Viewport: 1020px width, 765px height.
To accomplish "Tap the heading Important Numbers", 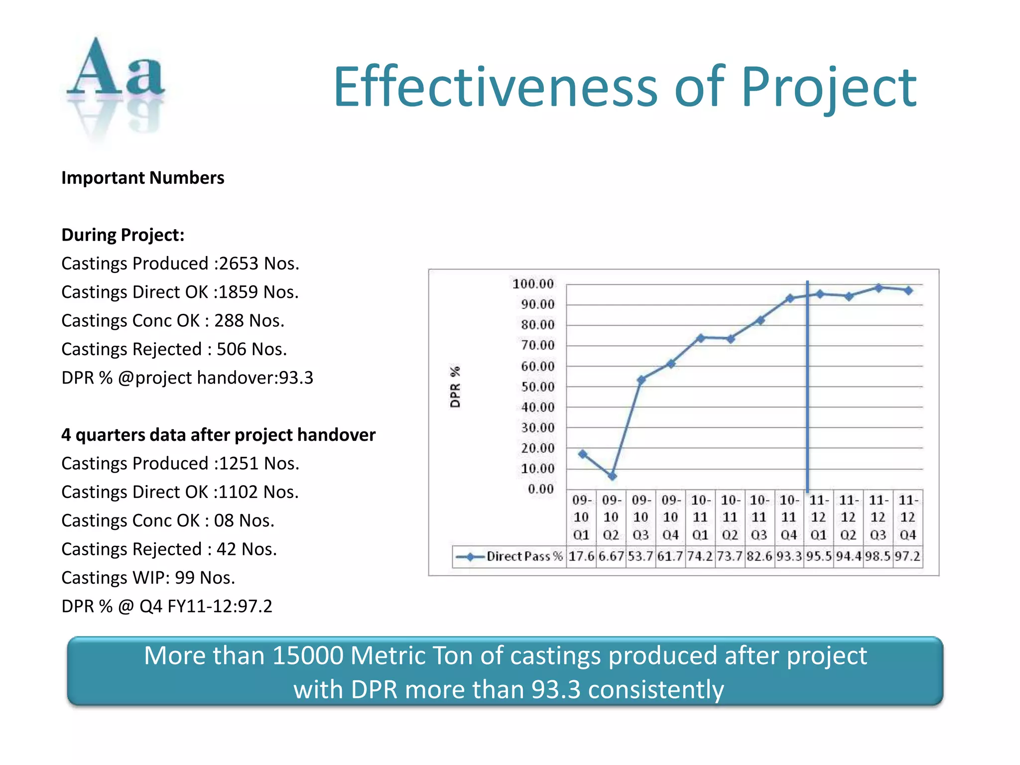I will tap(142, 178).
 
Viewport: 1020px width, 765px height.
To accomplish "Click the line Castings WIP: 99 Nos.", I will tap(148, 578).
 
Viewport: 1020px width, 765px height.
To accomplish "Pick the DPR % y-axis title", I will tap(455, 386).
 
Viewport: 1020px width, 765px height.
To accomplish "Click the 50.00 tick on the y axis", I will tap(537, 387).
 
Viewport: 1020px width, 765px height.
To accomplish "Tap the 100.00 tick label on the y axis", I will tap(533, 284).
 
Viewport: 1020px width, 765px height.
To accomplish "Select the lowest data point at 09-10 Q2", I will tap(612, 476).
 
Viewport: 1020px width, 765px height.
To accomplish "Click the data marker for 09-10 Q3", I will tap(641, 380).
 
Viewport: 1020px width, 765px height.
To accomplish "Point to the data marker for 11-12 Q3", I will tap(879, 288).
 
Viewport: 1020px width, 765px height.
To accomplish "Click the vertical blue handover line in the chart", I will tap(807, 398).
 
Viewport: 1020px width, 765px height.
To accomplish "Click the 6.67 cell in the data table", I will tap(611, 556).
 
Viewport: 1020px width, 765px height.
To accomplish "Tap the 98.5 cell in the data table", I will tap(878, 556).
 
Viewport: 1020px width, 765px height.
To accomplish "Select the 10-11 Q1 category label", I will tap(700, 517).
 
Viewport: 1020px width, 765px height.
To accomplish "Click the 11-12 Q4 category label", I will tap(908, 517).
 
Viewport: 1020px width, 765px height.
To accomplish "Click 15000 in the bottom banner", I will tap(308, 655).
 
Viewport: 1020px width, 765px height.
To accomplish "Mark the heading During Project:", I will tap(123, 235).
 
